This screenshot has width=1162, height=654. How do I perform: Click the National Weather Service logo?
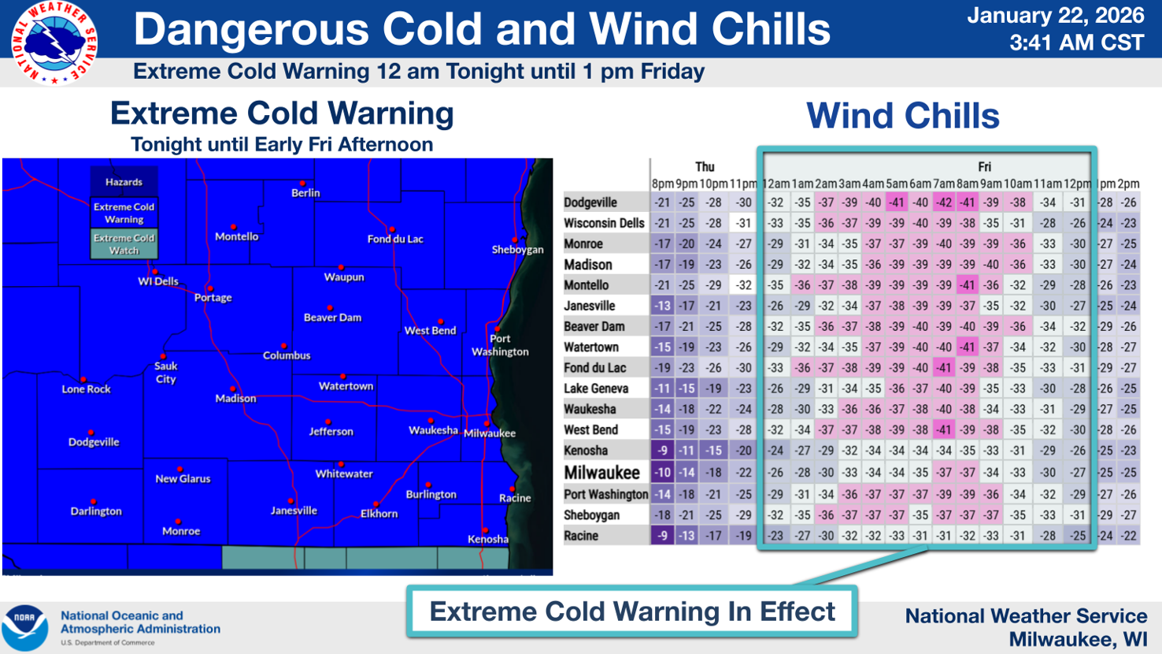tap(54, 43)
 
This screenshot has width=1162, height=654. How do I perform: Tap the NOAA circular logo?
tap(24, 627)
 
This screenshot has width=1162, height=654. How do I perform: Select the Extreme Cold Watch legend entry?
tap(124, 243)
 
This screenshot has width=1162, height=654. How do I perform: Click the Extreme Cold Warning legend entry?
tap(124, 213)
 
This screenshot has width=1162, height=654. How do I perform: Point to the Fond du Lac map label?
tap(395, 239)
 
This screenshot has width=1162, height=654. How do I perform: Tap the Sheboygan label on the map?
tap(517, 250)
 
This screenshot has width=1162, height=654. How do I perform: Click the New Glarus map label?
tap(183, 478)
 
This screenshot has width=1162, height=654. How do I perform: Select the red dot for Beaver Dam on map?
tap(330, 307)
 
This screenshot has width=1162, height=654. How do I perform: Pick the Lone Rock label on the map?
tap(86, 389)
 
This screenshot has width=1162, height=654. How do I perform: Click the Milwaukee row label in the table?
tap(602, 473)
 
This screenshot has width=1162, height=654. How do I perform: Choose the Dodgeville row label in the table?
tap(590, 203)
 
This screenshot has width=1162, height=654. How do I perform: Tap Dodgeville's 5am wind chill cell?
tap(896, 203)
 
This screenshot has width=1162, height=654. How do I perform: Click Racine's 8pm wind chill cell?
tap(662, 536)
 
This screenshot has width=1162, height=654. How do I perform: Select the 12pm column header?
tap(1077, 184)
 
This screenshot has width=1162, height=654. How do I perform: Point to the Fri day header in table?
tap(984, 167)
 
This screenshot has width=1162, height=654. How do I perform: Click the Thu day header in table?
tap(705, 167)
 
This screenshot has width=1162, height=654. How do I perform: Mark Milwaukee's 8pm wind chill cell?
tap(662, 473)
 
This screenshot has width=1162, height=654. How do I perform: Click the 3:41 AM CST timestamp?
tap(1076, 43)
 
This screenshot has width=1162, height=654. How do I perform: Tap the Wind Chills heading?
tap(902, 116)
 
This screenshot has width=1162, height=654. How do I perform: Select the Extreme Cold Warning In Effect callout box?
tap(632, 611)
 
